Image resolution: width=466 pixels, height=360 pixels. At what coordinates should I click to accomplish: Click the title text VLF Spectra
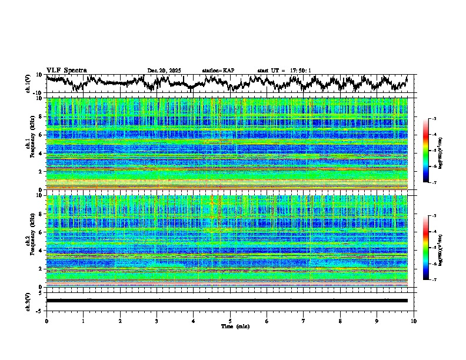pyautogui.click(x=66, y=70)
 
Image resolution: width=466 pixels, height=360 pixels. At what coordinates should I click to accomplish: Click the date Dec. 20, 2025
pyautogui.click(x=164, y=71)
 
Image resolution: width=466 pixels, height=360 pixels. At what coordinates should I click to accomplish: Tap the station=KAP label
pyautogui.click(x=218, y=71)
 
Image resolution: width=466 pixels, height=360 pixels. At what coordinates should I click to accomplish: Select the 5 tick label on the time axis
pyautogui.click(x=230, y=321)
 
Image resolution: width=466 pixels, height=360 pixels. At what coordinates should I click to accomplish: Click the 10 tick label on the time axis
pyautogui.click(x=414, y=321)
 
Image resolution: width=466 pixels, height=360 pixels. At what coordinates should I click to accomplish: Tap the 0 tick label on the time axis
pyautogui.click(x=46, y=321)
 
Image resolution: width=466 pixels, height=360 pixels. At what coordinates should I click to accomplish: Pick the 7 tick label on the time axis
pyautogui.click(x=304, y=321)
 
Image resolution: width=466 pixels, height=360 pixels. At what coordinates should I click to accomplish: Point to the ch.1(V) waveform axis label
pyautogui.click(x=28, y=84)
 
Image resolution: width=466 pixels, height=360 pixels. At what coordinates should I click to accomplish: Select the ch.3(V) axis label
pyautogui.click(x=28, y=300)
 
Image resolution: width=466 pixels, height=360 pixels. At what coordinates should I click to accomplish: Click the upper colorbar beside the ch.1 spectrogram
pyautogui.click(x=432, y=151)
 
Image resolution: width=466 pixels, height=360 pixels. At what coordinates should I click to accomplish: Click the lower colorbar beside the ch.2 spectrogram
pyautogui.click(x=432, y=248)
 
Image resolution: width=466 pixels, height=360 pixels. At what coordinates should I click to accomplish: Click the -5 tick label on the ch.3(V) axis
pyautogui.click(x=40, y=310)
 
